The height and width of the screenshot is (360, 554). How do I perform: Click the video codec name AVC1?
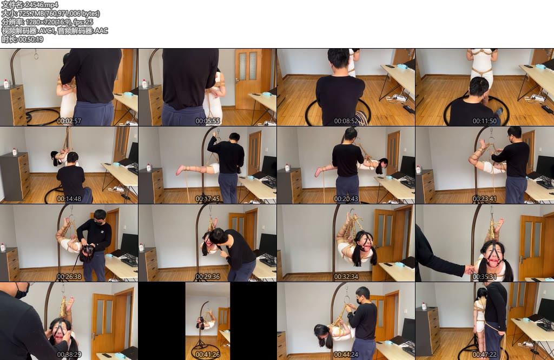47,31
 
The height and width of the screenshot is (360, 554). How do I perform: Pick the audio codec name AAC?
101,31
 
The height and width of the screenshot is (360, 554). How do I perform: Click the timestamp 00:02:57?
69,121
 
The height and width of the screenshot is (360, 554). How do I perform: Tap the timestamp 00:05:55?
208,121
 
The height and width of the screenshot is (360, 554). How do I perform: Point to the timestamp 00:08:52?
346,121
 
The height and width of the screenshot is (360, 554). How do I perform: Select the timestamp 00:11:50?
485,121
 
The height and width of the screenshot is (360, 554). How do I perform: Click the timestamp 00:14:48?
69,199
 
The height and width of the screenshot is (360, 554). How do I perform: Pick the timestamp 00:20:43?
346,199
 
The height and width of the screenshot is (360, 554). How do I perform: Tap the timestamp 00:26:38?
69,277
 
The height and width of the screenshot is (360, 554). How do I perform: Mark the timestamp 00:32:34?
346,277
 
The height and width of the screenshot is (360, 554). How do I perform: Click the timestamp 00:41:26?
208,355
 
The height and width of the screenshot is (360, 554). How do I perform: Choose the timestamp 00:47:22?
485,355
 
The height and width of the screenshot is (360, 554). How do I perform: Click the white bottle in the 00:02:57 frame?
6,84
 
